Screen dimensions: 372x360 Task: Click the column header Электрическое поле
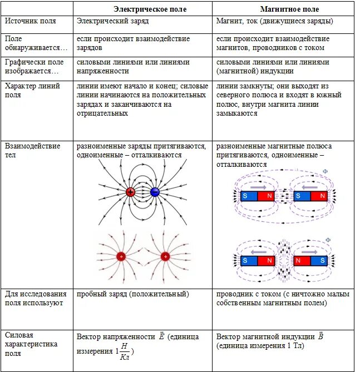tap(150, 9)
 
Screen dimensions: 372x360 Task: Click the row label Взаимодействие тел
tap(32, 150)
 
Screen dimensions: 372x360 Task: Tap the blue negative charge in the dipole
tap(155, 192)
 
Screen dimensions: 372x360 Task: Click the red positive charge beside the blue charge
tap(130, 192)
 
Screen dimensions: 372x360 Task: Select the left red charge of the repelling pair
tap(121, 256)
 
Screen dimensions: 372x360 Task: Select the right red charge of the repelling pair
tap(165, 256)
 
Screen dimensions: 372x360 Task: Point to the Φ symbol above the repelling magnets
tap(328, 240)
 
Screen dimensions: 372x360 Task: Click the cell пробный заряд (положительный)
tap(132, 294)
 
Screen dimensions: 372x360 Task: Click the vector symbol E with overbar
tap(161, 336)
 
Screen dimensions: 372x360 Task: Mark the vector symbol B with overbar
tap(321, 336)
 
